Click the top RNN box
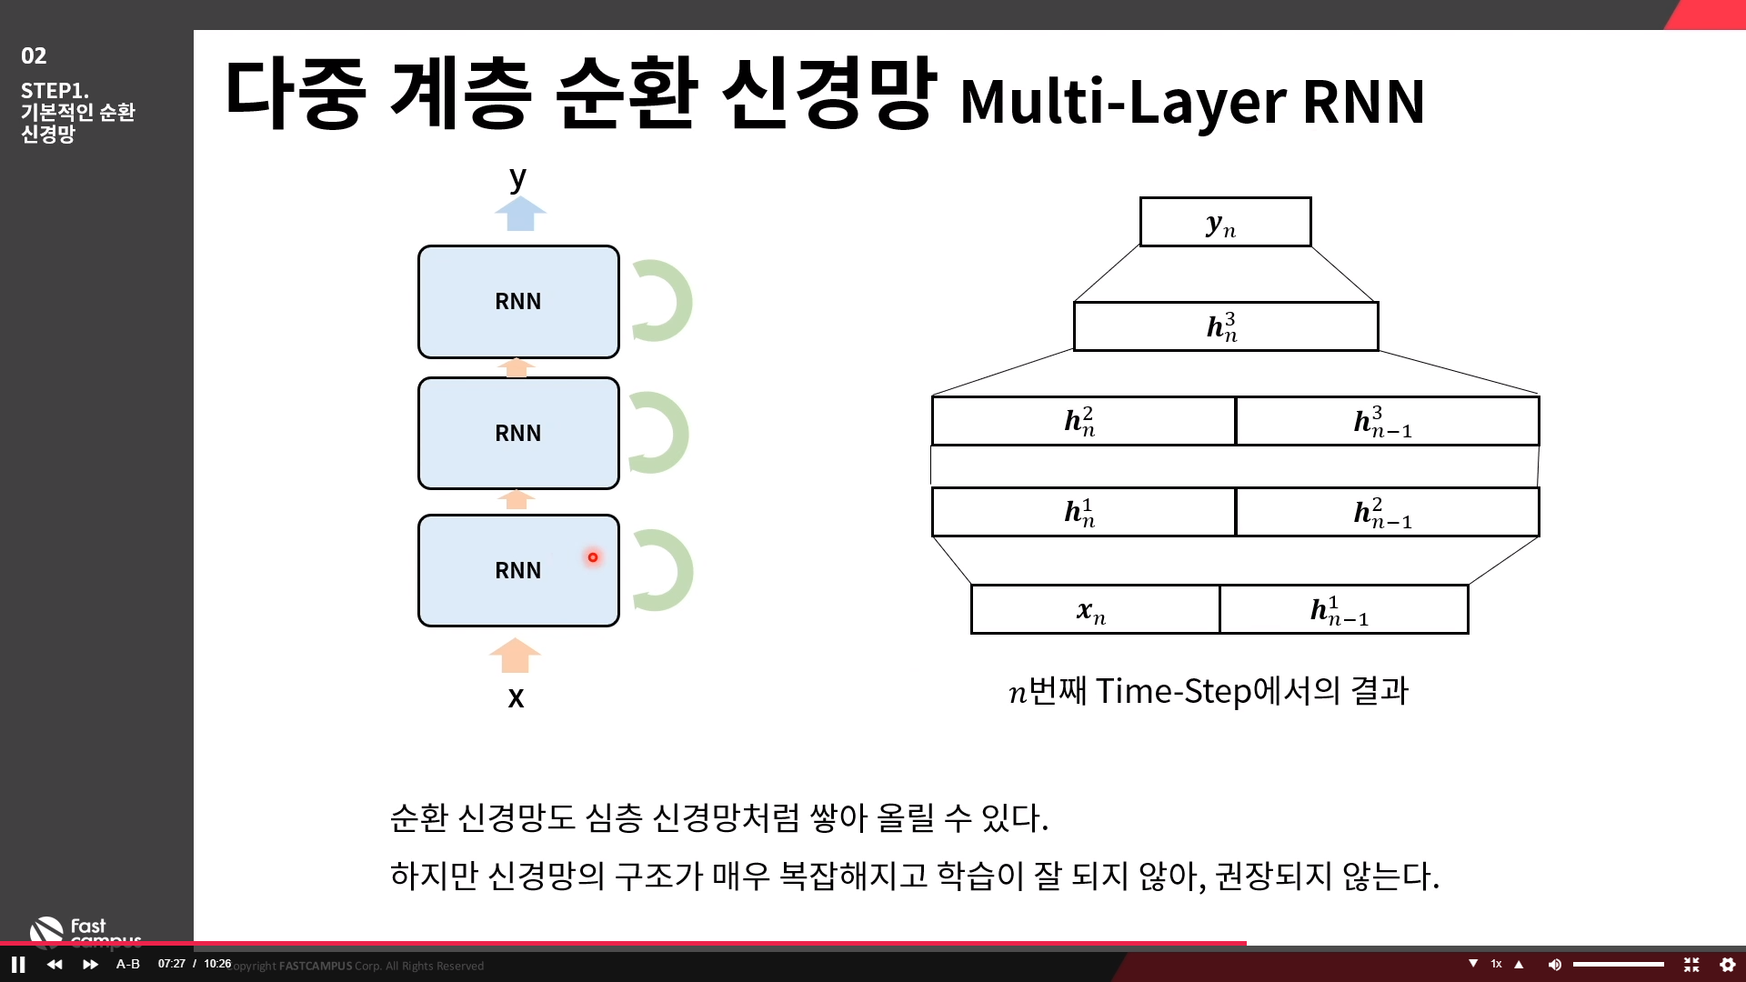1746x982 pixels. (518, 302)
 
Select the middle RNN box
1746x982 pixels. (518, 433)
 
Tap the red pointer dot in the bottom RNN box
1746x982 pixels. (593, 557)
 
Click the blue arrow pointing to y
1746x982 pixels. (520, 214)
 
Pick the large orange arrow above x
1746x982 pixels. (515, 655)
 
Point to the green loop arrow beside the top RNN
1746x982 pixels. (664, 301)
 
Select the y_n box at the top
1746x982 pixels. (1225, 222)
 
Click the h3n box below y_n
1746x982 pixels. (1225, 326)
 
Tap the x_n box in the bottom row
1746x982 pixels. (1095, 609)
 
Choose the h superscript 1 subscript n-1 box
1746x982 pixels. (1343, 609)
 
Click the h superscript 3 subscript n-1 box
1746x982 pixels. (1386, 421)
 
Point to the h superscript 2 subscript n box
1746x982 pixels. (1083, 421)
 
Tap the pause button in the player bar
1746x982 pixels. (18, 965)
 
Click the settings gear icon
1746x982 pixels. (1728, 965)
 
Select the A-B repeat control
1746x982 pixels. (128, 964)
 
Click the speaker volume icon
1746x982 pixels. (1555, 965)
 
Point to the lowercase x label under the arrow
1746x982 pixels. (516, 697)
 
